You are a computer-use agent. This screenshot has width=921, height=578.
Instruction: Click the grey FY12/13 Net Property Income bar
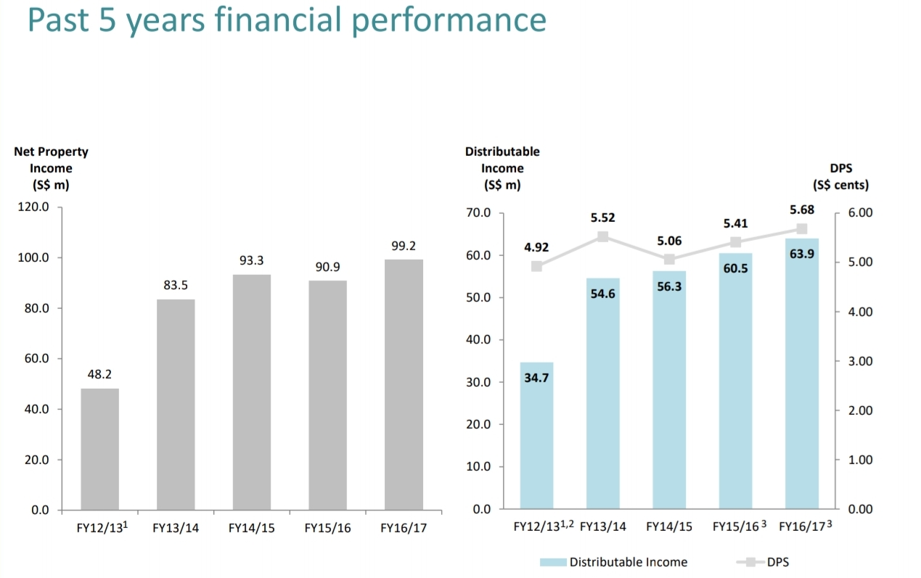[100, 449]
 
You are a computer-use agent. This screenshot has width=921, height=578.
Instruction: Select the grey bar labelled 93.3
[252, 392]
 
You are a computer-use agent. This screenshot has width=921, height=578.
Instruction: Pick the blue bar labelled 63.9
[801, 373]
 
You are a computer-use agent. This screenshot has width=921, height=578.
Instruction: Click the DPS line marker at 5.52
[603, 236]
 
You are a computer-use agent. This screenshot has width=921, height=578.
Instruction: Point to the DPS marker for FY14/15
[669, 259]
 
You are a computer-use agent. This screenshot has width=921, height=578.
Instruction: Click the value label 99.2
[404, 247]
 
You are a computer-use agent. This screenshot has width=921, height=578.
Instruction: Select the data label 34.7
[536, 378]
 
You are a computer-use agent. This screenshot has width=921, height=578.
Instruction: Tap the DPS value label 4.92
[536, 247]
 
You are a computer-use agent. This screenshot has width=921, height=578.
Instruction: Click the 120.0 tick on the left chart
[35, 207]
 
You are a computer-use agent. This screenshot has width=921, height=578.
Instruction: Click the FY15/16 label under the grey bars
[327, 528]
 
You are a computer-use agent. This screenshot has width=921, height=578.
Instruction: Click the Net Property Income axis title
[51, 168]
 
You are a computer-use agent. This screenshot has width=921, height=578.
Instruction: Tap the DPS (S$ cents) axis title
[840, 176]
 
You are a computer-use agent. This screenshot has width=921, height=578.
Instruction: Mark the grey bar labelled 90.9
[327, 395]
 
